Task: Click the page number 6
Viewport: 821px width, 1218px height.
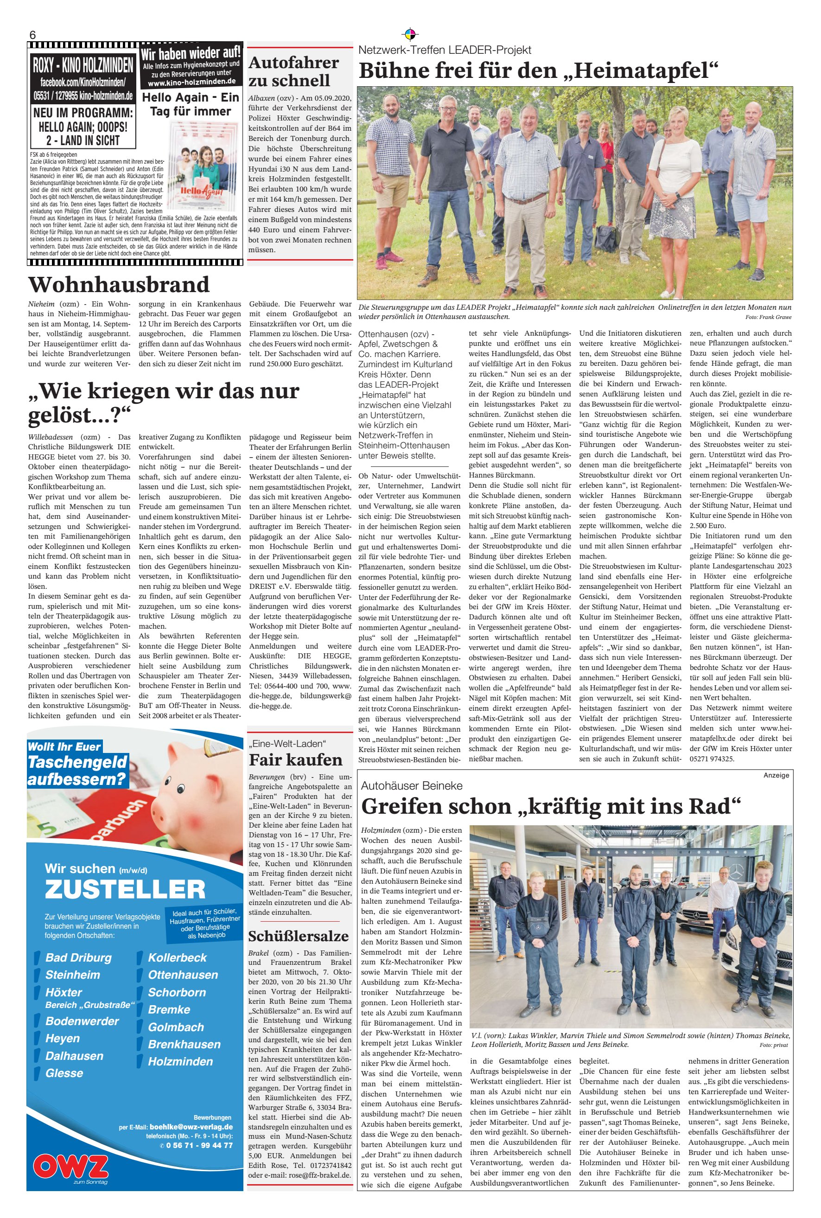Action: [x=32, y=35]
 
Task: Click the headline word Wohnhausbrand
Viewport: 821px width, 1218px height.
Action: [x=119, y=284]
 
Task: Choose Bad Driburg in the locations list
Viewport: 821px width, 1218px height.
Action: [x=78, y=958]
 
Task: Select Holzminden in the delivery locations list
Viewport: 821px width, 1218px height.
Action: [x=181, y=1061]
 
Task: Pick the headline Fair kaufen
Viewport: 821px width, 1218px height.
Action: [x=295, y=759]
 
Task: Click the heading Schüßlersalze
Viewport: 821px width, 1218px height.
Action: [x=299, y=936]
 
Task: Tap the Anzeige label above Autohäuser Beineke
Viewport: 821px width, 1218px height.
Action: [x=776, y=775]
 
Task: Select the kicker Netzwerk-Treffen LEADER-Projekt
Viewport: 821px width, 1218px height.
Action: [x=445, y=50]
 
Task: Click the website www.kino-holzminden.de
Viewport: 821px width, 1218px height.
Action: [x=191, y=82]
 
